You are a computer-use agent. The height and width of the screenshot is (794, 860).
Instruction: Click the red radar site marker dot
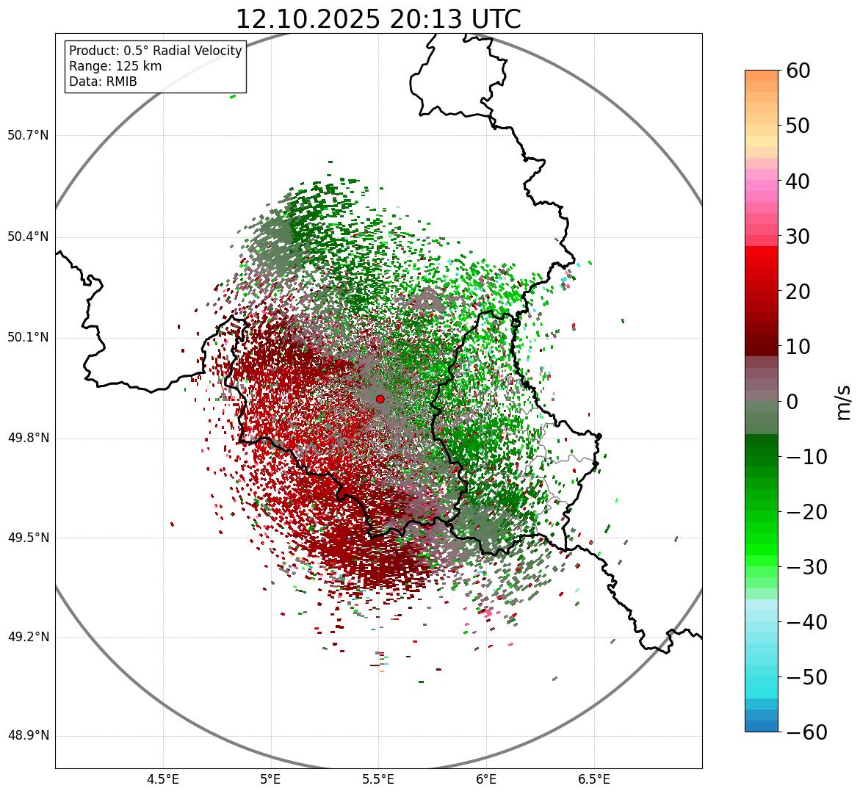click(x=380, y=399)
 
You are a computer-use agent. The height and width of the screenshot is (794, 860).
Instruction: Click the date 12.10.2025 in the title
click(x=307, y=19)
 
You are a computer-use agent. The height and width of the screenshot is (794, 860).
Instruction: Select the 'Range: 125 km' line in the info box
click(x=115, y=66)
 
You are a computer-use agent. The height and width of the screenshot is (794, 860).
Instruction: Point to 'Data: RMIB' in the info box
click(x=103, y=82)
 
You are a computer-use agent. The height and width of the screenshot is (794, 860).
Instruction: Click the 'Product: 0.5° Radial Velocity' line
click(x=155, y=51)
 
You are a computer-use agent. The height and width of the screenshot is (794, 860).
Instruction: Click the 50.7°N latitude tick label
click(x=27, y=135)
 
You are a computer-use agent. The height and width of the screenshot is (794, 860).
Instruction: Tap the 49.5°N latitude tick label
click(x=27, y=538)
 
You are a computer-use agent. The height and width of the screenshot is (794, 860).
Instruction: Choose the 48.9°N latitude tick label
click(x=27, y=736)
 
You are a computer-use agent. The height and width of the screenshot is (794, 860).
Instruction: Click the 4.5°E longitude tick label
click(x=163, y=779)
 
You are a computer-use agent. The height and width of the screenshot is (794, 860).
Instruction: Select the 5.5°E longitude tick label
click(x=378, y=779)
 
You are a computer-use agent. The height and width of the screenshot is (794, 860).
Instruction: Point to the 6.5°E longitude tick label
click(x=593, y=779)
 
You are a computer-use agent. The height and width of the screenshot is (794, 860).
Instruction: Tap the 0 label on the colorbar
click(x=792, y=402)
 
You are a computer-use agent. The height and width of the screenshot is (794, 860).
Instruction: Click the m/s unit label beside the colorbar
click(x=844, y=402)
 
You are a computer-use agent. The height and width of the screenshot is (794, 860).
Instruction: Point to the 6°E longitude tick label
click(x=485, y=779)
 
